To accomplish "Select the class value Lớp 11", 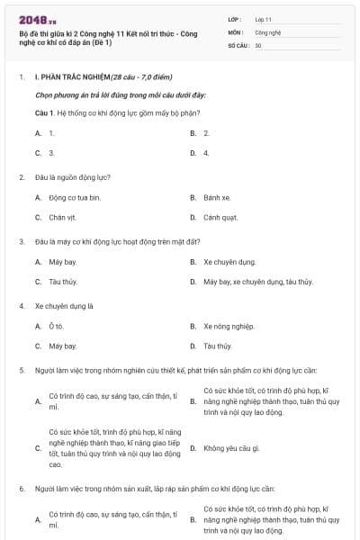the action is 263,18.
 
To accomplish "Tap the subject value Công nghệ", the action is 267,31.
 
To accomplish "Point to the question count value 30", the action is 258,45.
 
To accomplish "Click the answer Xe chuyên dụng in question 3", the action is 229,262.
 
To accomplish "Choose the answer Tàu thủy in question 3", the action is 64,282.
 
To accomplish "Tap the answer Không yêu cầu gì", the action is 231,447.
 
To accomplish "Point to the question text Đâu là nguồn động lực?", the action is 72,177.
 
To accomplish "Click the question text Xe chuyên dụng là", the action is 64,306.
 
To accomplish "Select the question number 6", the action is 21,488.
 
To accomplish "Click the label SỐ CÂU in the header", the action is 238,45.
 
